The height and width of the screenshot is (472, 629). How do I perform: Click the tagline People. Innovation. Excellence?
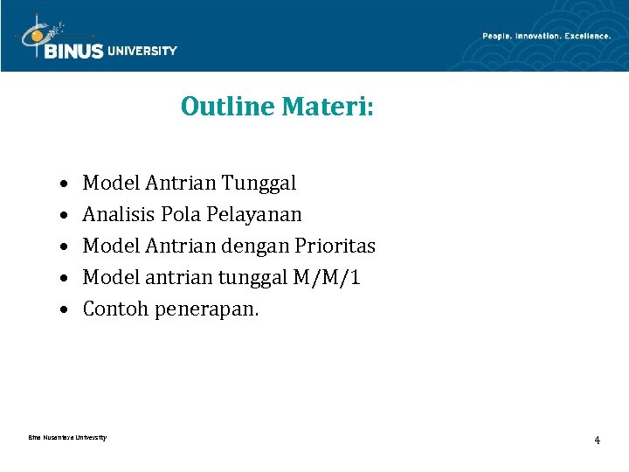coord(546,36)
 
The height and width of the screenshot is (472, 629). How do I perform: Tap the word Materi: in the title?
coord(328,107)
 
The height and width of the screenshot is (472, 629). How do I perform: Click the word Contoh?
coord(115,309)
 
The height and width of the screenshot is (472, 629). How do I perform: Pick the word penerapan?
coord(206,309)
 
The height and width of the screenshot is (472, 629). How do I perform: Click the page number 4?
coord(597,440)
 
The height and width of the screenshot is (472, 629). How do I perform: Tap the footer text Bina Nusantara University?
coord(67,437)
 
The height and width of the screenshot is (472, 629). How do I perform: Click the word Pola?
coord(182,214)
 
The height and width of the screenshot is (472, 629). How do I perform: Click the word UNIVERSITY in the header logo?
coord(142,51)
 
